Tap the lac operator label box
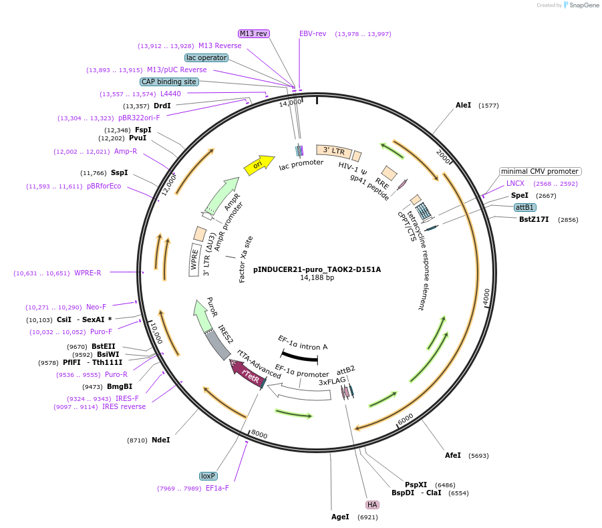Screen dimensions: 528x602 coord(206,57)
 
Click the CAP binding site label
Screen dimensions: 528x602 coord(169,82)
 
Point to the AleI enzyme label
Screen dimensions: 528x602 coord(464,106)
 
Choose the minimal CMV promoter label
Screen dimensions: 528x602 coord(539,171)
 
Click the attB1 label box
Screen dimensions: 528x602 coord(525,207)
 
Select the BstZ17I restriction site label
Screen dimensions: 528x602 coord(534,219)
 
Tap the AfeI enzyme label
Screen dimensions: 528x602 coord(453,455)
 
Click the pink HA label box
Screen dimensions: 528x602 coord(372,505)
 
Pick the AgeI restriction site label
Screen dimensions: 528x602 coord(340,517)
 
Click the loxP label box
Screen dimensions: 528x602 coord(208,476)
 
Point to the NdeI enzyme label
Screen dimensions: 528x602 coord(161,440)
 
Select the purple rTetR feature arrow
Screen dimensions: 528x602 coord(248,376)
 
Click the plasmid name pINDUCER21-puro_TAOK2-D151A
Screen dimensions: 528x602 coord(317,270)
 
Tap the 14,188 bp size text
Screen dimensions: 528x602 coord(317,278)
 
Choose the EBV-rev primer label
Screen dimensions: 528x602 coord(313,33)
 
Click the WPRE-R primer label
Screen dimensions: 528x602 coord(88,273)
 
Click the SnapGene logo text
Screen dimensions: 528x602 coord(584,5)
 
